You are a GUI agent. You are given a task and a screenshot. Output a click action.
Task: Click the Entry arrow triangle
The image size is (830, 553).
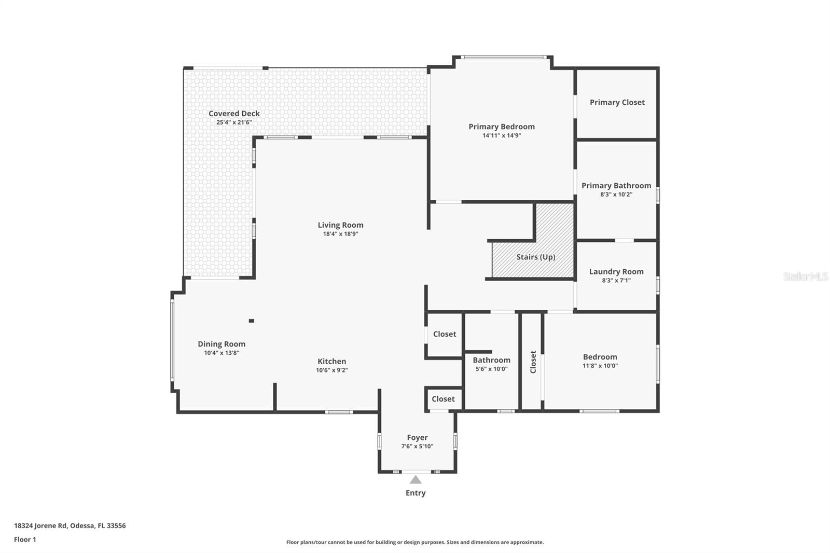coord(416,480)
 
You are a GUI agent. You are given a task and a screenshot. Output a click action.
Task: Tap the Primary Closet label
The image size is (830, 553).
coord(617,102)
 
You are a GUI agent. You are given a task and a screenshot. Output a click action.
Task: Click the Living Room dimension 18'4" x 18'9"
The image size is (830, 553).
coord(340,234)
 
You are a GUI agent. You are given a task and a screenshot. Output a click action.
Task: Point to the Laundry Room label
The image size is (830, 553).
coord(616,271)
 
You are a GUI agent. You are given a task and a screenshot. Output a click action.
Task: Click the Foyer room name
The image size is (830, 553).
coord(417,437)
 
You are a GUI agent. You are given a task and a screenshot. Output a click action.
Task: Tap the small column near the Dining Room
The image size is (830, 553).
coord(252,321)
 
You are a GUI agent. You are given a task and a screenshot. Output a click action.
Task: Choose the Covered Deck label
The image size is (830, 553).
coord(234,113)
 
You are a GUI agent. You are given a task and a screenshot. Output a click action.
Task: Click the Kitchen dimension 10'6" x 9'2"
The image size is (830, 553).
coord(331,370)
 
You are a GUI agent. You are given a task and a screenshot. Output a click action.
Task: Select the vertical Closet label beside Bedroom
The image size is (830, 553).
coord(533,362)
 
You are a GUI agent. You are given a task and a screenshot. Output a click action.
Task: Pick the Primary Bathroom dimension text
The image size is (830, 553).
coord(616,195)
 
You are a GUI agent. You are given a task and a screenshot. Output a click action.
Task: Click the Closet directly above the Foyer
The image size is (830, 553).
coord(443,398)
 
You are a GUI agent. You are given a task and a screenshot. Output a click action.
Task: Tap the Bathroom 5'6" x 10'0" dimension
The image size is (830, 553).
coord(491,369)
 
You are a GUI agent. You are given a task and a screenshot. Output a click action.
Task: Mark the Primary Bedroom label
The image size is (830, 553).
coord(501,127)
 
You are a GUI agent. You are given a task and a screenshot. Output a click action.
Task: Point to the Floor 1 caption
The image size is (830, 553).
coord(25,540)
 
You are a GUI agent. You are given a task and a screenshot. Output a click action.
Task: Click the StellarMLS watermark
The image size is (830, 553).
coord(805,276)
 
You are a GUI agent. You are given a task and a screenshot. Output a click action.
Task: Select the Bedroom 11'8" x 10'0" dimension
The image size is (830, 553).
coord(600,366)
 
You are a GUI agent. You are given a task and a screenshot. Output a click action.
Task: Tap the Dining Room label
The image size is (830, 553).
coord(221,344)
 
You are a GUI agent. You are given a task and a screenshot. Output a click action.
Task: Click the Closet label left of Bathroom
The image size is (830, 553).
coord(445,334)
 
